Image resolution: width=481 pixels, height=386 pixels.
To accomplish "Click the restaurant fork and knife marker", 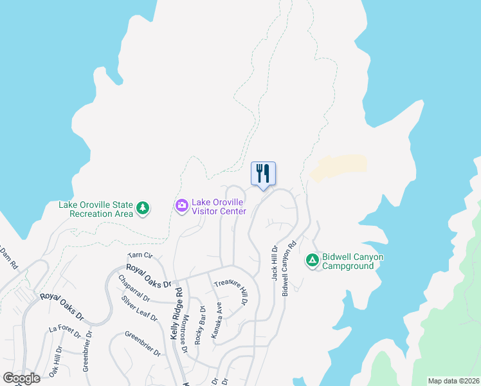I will pos(263,174).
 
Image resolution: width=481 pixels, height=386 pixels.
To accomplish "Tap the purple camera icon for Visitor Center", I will pos(182,205).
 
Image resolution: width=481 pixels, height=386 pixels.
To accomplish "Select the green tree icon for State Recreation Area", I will pos(143,208).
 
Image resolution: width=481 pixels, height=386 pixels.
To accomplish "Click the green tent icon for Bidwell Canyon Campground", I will pos(312,260).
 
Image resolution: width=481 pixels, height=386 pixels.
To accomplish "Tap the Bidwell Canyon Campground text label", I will pos(353,261).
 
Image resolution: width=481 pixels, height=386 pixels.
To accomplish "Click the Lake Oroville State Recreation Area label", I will pos(96,209).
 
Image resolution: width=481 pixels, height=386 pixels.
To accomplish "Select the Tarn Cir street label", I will pos(140,255).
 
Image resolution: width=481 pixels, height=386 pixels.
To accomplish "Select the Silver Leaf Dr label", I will pos(139,309).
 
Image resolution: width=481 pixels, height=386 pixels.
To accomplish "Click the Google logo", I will pos(21,378).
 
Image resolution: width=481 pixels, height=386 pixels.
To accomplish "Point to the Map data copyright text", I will pos(454,381).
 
